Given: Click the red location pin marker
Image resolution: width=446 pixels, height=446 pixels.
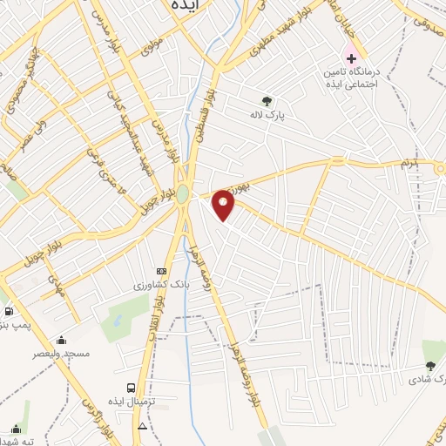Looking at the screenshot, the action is point(224,205).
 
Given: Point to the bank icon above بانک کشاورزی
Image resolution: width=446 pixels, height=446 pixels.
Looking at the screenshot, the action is point(160,271).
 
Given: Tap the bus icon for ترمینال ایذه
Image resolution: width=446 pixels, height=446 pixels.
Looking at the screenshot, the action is point(131,388).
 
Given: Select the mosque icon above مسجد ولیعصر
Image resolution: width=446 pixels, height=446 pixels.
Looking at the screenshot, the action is point(60,341).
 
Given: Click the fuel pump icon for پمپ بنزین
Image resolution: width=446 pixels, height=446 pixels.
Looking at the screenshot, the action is point(9,311).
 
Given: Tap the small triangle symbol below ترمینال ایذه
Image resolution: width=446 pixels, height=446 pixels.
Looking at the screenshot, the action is point(142,426).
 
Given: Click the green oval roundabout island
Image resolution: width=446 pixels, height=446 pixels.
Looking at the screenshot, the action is point(182,195).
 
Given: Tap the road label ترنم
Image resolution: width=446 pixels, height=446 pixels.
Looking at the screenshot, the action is point(409,163).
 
